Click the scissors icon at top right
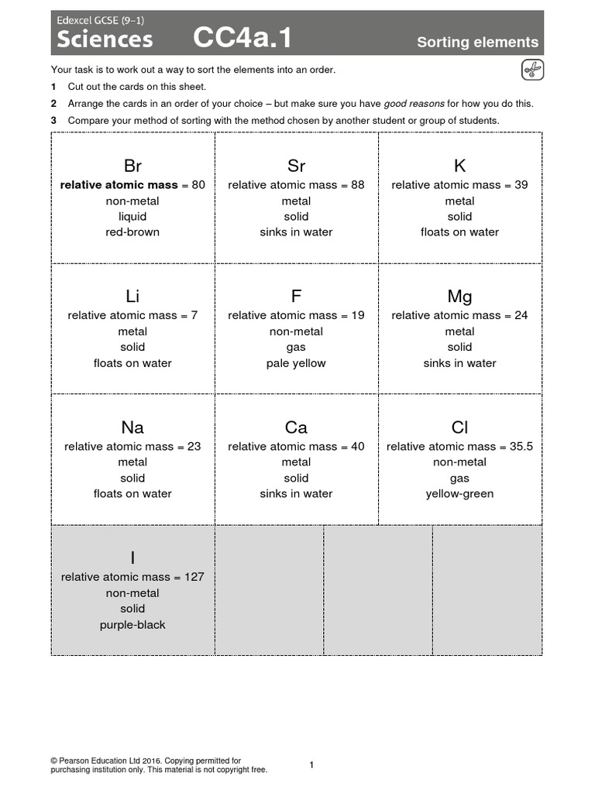click(x=531, y=70)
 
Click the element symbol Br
click(x=132, y=166)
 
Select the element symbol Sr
click(x=296, y=166)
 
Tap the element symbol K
click(x=459, y=166)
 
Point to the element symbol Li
click(x=132, y=297)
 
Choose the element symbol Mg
click(x=459, y=297)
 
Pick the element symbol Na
click(x=132, y=427)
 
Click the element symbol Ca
click(x=296, y=427)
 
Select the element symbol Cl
click(x=459, y=427)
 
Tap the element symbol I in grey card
click(x=132, y=558)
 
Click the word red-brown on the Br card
click(x=132, y=232)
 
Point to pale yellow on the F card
click(x=296, y=363)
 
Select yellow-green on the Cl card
click(x=459, y=494)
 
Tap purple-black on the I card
click(x=132, y=625)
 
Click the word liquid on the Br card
click(x=132, y=217)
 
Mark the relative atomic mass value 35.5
click(x=518, y=447)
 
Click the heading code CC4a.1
click(x=242, y=38)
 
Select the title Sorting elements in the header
click(x=477, y=42)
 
